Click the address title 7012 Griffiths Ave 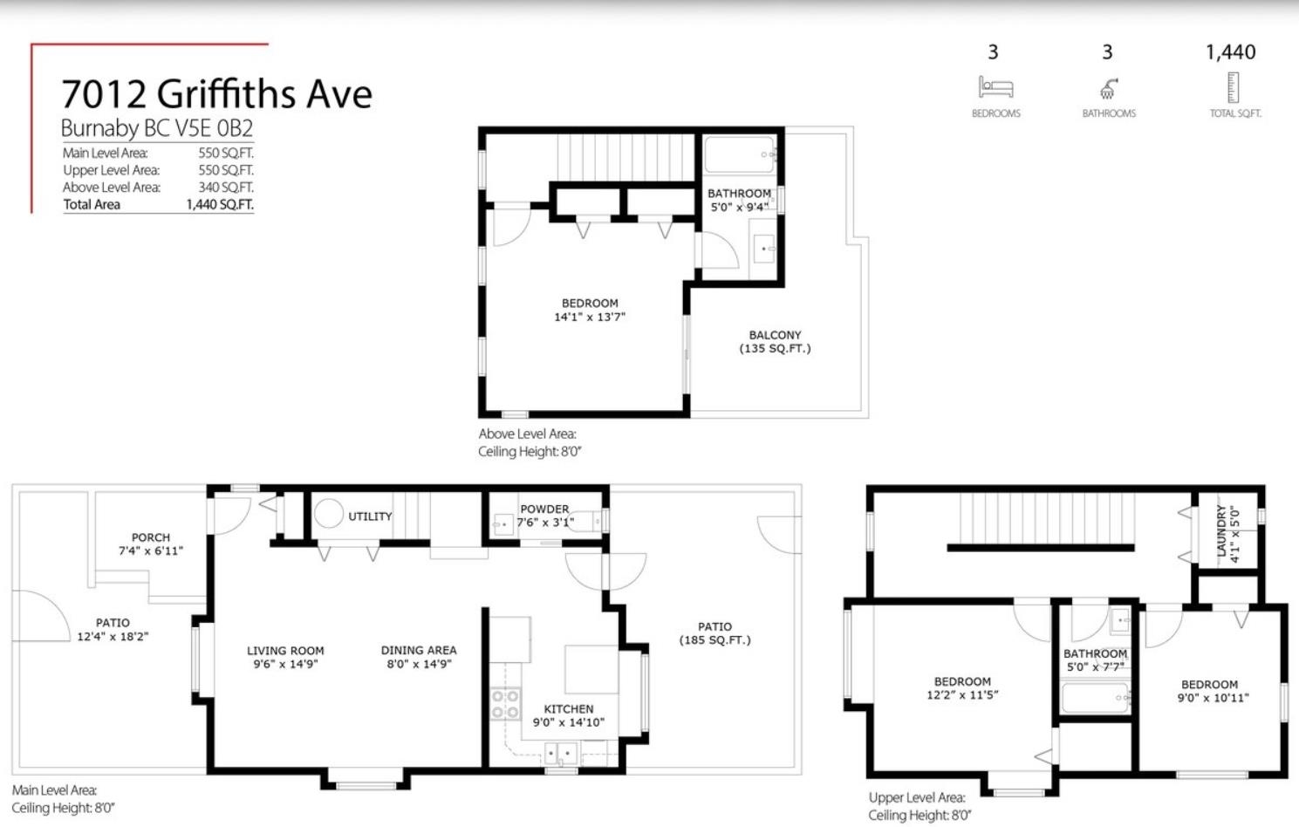tap(217, 94)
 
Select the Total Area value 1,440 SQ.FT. tap(220, 205)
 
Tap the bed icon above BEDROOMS tap(995, 87)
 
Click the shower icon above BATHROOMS tap(1108, 89)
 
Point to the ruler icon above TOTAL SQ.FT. tap(1234, 87)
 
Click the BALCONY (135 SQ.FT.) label tap(775, 342)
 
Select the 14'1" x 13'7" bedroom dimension tap(590, 317)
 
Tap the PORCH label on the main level tap(151, 537)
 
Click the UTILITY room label tap(370, 516)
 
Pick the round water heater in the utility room tap(329, 514)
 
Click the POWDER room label tap(544, 509)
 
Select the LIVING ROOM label tap(285, 651)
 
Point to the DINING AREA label tap(419, 650)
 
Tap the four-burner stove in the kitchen tap(506, 704)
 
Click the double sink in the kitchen tap(561, 754)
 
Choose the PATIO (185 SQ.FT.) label tap(715, 633)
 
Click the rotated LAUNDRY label tap(1222, 530)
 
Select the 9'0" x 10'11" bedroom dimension tap(1214, 698)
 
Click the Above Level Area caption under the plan tap(527, 434)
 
